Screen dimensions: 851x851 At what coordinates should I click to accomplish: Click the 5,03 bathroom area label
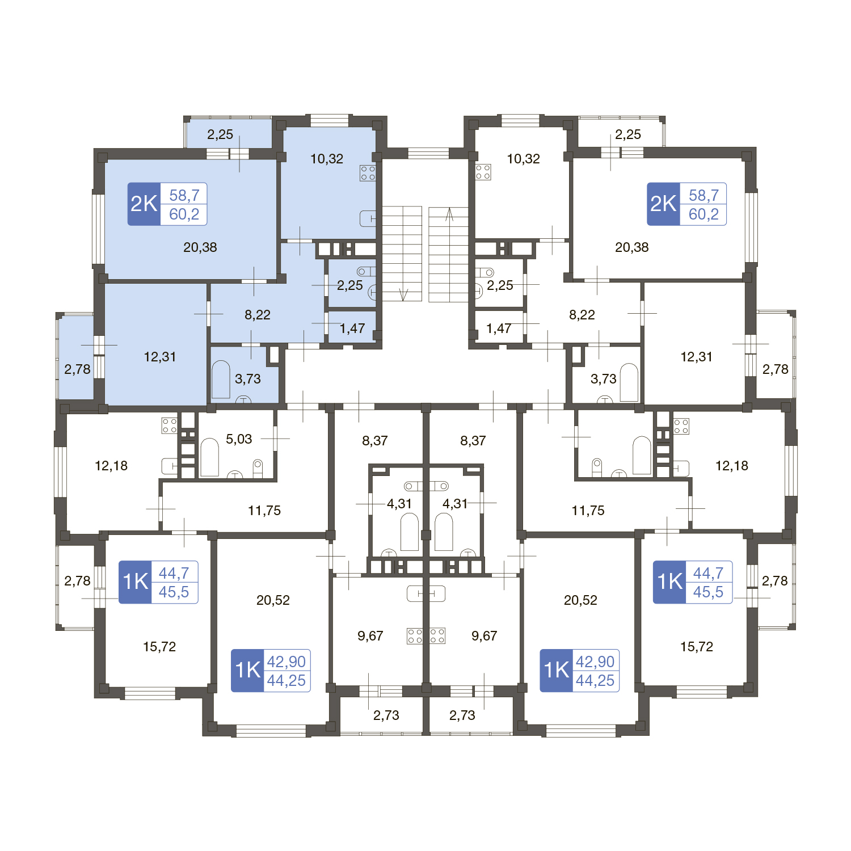(239, 439)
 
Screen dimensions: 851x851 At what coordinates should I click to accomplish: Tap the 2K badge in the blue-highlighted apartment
(144, 204)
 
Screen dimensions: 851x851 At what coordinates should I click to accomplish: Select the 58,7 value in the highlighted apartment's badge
(184, 195)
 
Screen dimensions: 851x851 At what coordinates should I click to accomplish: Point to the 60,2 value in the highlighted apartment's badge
(184, 214)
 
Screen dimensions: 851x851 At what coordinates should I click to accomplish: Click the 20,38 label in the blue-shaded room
(200, 247)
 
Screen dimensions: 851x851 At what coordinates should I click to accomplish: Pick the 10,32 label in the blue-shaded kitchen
(327, 159)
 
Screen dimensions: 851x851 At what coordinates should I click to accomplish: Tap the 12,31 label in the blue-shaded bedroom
(160, 357)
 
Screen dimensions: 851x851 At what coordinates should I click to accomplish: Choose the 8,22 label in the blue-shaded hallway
(258, 315)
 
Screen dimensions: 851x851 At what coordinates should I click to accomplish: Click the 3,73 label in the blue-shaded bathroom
(248, 379)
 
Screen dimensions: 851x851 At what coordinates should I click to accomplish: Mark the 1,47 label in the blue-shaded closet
(352, 328)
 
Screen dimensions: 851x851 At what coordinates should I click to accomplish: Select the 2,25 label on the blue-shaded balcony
(220, 134)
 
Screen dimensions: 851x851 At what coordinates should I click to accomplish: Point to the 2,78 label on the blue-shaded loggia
(77, 369)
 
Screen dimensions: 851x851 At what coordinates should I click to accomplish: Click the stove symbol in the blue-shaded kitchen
(368, 173)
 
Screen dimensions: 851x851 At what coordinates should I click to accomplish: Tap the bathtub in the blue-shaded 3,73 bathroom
(221, 380)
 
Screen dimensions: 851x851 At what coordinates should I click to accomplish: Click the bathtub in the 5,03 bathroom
(209, 457)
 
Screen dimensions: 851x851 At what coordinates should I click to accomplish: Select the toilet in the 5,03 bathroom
(258, 467)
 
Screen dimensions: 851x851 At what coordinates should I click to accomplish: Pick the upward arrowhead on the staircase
(449, 214)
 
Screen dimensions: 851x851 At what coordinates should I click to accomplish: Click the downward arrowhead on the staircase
(403, 294)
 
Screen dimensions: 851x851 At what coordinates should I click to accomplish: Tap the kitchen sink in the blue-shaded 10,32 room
(368, 218)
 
